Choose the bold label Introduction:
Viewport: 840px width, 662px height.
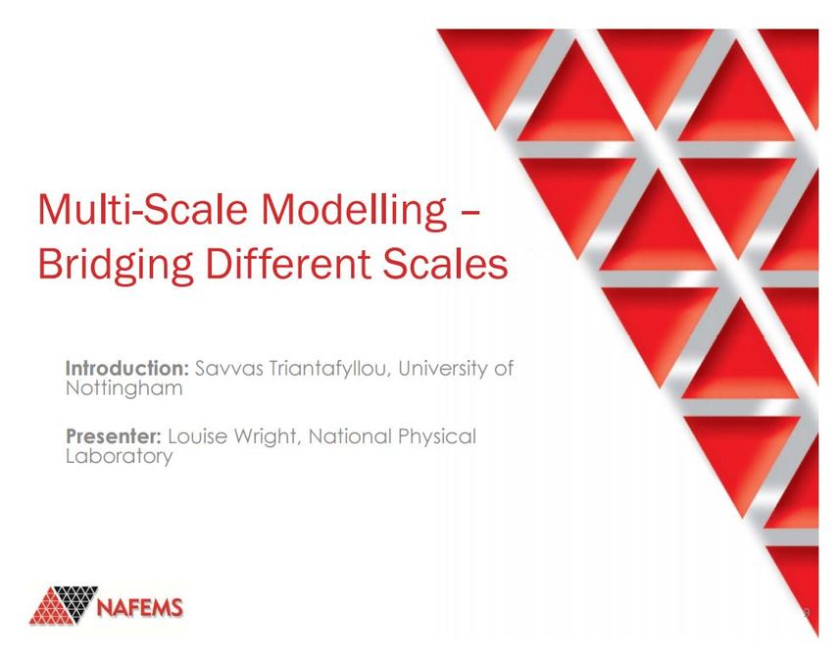pyautogui.click(x=126, y=369)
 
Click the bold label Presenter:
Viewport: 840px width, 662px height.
pyautogui.click(x=114, y=436)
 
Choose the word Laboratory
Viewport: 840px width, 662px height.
pyautogui.click(x=119, y=456)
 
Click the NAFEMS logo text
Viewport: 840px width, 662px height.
pyautogui.click(x=140, y=607)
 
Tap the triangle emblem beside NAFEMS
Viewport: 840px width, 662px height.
pyautogui.click(x=63, y=605)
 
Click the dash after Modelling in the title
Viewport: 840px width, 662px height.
pyautogui.click(x=469, y=213)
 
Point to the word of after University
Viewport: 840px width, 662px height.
pyautogui.click(x=503, y=369)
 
